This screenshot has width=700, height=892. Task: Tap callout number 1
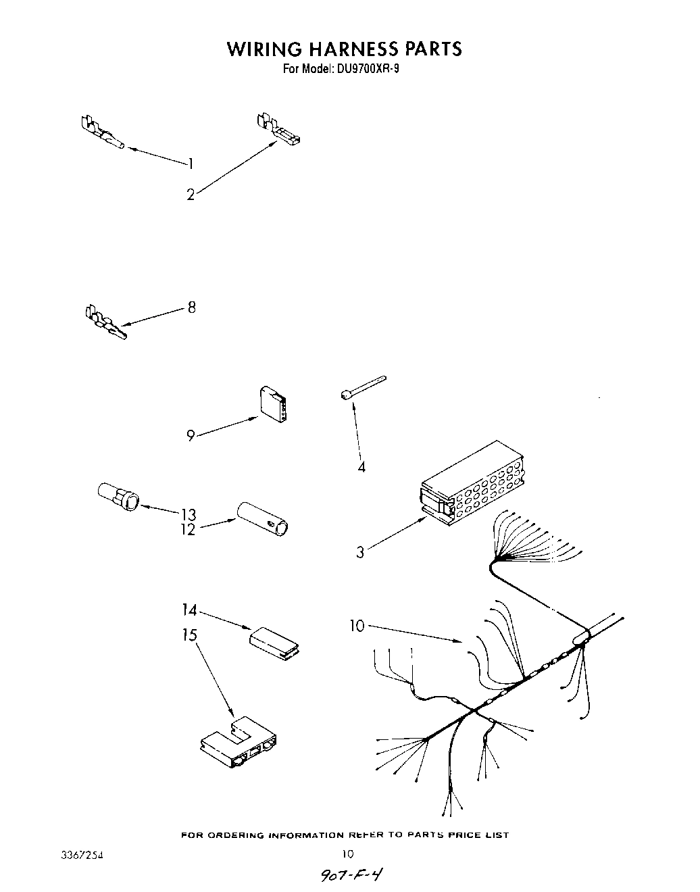(x=191, y=163)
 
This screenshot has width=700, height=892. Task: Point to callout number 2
(x=191, y=195)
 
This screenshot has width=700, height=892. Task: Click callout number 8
(x=192, y=307)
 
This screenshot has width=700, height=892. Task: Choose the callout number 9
(x=191, y=436)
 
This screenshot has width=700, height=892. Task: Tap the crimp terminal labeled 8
(x=105, y=323)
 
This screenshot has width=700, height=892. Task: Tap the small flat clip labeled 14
(x=274, y=641)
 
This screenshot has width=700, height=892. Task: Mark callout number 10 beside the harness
(x=356, y=626)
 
